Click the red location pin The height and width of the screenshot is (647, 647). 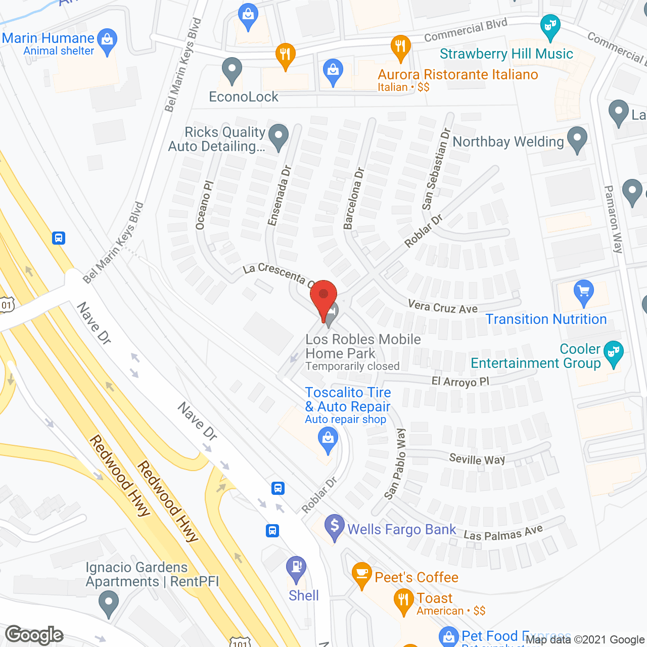coord(323,298)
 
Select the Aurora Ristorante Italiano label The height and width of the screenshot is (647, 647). coord(458,75)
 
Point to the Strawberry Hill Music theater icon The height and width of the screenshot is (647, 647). coord(550,26)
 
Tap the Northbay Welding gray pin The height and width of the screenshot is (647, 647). coord(577,138)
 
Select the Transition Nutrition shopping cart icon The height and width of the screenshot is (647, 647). coord(584,292)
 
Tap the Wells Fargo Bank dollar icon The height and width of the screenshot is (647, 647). coord(334,526)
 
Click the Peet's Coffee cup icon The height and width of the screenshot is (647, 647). coord(361,574)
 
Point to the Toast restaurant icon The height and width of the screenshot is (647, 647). coord(403,600)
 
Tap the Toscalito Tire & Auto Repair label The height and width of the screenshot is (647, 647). coord(348,400)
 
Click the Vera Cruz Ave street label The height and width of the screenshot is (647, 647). coord(443,307)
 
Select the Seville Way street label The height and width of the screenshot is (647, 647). coord(477,459)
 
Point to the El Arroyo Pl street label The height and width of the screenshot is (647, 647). coord(460,381)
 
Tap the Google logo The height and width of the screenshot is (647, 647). coord(34,635)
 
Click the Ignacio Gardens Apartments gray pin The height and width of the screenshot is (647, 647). coord(108,604)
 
